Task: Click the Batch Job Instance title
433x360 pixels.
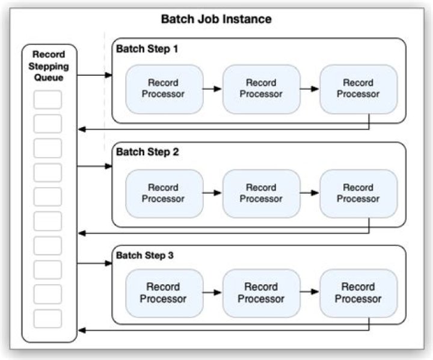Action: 216,19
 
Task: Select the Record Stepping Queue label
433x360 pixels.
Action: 49,66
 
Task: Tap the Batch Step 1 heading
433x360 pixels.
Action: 147,49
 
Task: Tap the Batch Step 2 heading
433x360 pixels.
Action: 147,152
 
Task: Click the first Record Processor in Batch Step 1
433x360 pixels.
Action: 164,88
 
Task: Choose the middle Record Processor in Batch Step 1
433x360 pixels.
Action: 261,88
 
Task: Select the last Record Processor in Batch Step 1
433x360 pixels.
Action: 358,88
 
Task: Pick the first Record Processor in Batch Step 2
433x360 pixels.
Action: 164,193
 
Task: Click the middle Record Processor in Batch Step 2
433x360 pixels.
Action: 261,193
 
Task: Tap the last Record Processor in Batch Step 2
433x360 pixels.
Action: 358,193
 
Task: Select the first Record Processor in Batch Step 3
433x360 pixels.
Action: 164,293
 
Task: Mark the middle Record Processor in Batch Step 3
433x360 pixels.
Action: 261,293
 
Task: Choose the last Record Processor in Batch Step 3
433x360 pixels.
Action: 358,293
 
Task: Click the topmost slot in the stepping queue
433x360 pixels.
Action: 48,99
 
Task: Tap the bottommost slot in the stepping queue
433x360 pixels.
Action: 48,318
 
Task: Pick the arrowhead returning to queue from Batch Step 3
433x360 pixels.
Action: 82,330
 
